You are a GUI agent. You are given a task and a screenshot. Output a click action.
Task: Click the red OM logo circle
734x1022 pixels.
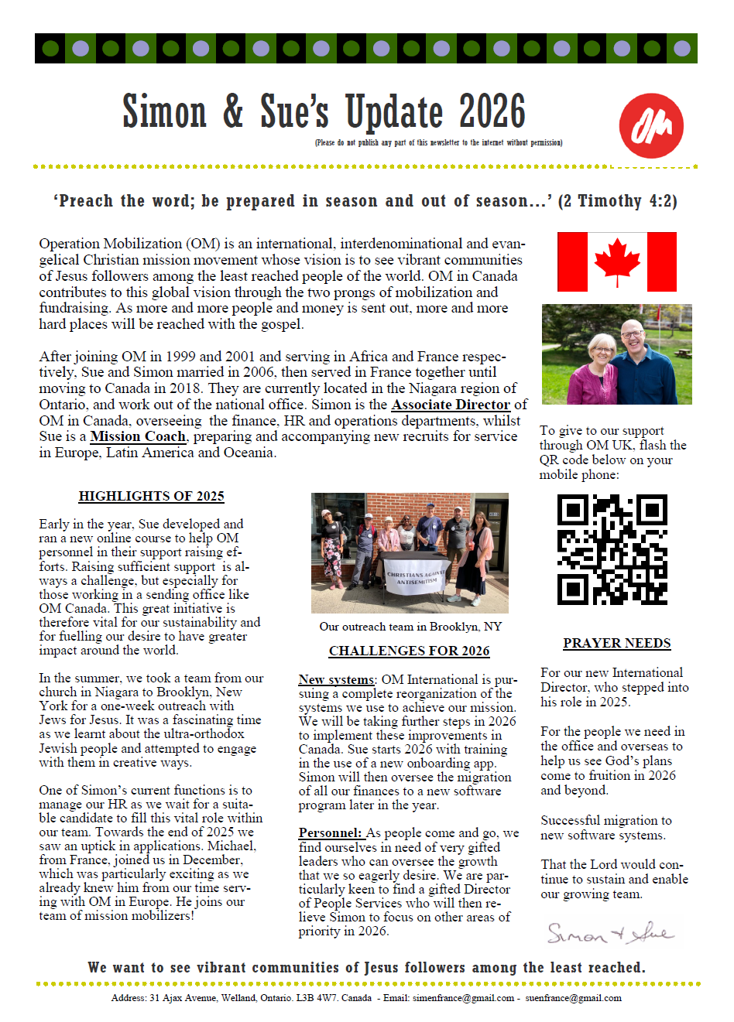pyautogui.click(x=651, y=125)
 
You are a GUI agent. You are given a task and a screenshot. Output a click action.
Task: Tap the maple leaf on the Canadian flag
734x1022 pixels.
pyautogui.click(x=617, y=260)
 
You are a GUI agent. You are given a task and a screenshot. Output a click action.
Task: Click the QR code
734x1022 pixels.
pyautogui.click(x=612, y=549)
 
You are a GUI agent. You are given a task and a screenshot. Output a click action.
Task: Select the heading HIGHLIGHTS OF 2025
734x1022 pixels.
pyautogui.click(x=151, y=496)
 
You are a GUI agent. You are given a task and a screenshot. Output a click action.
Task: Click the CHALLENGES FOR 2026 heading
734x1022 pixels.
pyautogui.click(x=409, y=651)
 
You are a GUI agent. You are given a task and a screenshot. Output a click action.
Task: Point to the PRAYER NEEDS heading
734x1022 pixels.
pyautogui.click(x=616, y=643)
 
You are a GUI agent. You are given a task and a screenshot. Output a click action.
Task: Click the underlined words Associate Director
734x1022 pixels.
pyautogui.click(x=451, y=405)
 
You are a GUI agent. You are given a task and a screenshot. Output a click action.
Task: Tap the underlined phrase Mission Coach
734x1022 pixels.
pyautogui.click(x=138, y=436)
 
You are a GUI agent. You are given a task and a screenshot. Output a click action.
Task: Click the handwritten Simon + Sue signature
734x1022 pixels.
pyautogui.click(x=610, y=933)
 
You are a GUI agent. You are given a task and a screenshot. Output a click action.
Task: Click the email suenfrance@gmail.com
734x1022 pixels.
pyautogui.click(x=573, y=998)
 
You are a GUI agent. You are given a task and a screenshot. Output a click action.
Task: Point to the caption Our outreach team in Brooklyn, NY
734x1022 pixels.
pyautogui.click(x=410, y=627)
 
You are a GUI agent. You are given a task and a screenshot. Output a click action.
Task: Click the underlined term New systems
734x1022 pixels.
pyautogui.click(x=336, y=679)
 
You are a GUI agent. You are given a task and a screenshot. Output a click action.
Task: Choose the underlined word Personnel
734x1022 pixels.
pyautogui.click(x=330, y=833)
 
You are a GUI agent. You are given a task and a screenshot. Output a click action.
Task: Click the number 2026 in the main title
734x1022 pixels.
pyautogui.click(x=492, y=111)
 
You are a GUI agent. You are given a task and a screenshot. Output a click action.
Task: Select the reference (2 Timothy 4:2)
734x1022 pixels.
pyautogui.click(x=618, y=201)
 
